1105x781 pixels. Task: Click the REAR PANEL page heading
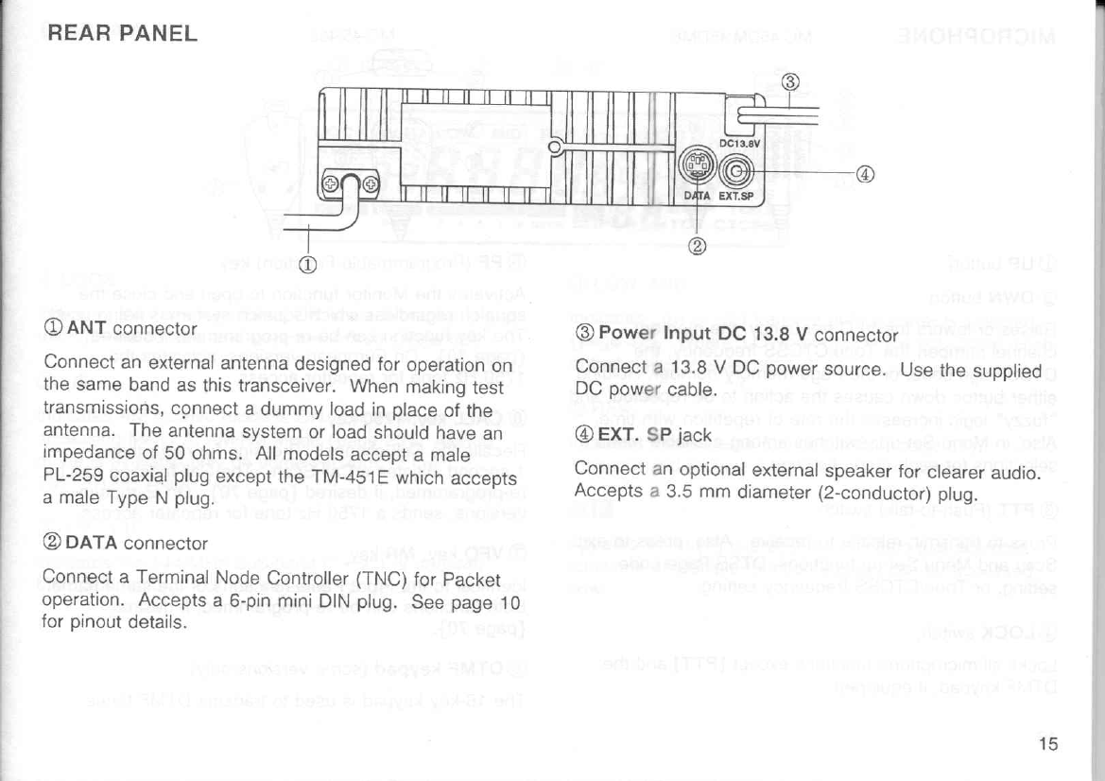click(x=122, y=35)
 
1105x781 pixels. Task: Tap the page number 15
click(x=1046, y=743)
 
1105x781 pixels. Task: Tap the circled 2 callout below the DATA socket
click(x=699, y=248)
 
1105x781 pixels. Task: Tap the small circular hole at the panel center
click(x=557, y=146)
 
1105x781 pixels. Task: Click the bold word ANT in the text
click(x=82, y=330)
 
